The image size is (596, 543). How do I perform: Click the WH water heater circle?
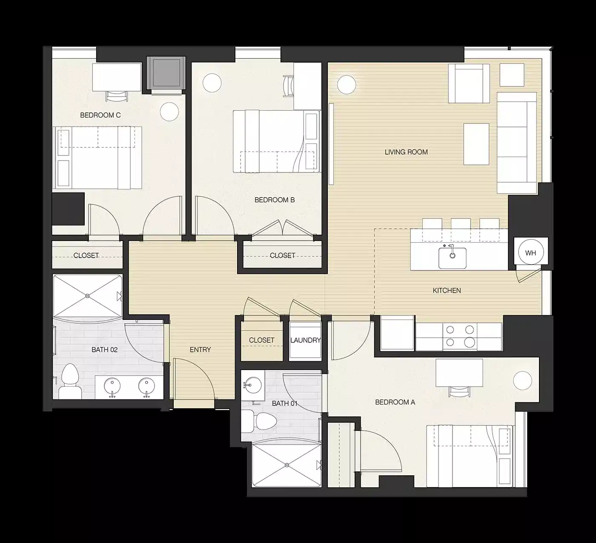530,253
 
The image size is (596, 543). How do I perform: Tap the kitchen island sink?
452,257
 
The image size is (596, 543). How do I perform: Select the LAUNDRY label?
305,340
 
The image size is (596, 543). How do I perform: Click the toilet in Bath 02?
68,381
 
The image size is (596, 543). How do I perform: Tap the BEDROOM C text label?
100,115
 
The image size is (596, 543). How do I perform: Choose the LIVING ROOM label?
406,152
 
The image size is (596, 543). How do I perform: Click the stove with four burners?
459,336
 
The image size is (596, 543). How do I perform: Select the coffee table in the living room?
476,144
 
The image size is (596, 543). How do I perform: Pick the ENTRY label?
200,350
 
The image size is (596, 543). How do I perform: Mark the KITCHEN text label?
447,290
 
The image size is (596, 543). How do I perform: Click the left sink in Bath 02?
113,387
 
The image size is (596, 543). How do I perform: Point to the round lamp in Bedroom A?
522,380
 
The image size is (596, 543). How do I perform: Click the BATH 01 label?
284,403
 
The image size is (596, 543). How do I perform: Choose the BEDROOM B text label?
275,200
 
